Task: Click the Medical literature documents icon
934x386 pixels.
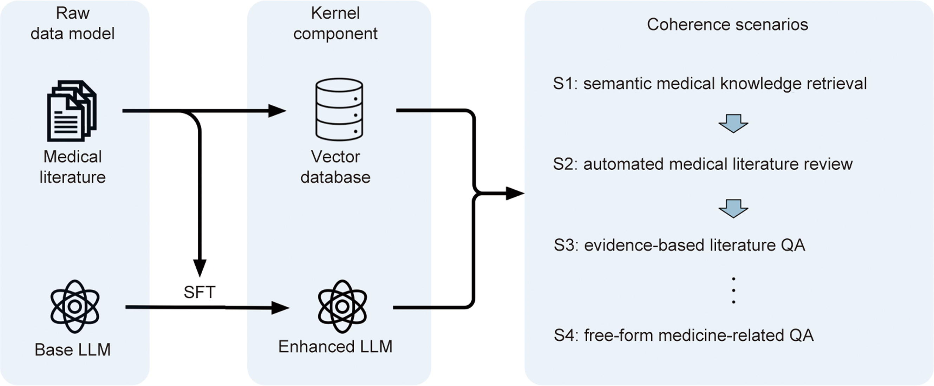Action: pyautogui.click(x=71, y=111)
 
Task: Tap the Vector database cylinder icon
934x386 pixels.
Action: pyautogui.click(x=339, y=109)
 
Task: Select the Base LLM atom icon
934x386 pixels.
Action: pyautogui.click(x=75, y=307)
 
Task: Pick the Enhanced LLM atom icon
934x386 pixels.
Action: pyautogui.click(x=342, y=307)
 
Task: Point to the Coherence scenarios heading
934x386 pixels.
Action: pyautogui.click(x=727, y=25)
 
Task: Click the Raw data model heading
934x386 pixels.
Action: pyautogui.click(x=72, y=23)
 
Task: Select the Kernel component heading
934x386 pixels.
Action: pyautogui.click(x=335, y=23)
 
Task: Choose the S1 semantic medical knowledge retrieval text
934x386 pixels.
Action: pyautogui.click(x=710, y=84)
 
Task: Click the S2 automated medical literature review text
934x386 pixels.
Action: pyautogui.click(x=702, y=164)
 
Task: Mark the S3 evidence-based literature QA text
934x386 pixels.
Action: pyautogui.click(x=679, y=246)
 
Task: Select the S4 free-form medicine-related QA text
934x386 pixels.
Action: pyautogui.click(x=684, y=335)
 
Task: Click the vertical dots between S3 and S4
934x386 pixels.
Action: pyautogui.click(x=733, y=290)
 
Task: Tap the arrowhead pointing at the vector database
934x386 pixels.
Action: pyautogui.click(x=277, y=111)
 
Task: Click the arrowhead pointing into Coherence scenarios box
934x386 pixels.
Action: pyautogui.click(x=515, y=194)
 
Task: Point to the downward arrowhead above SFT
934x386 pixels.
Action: pyautogui.click(x=200, y=268)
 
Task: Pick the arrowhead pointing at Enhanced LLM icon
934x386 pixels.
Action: pyautogui.click(x=280, y=308)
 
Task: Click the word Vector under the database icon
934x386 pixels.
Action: pyautogui.click(x=335, y=157)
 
